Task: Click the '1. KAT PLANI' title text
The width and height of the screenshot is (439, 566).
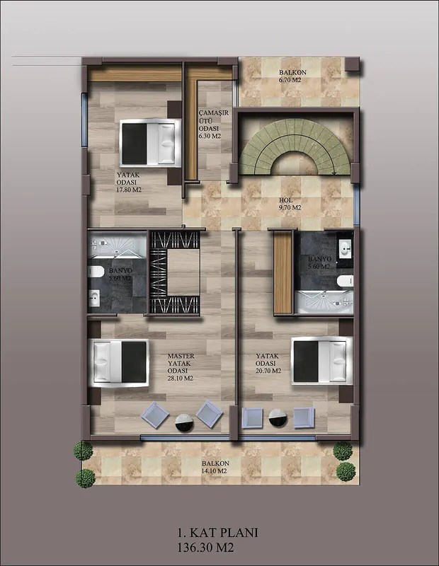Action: (x=217, y=533)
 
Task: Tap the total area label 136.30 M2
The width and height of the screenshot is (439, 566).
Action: (x=205, y=548)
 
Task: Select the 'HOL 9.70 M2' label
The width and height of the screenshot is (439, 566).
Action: (x=290, y=204)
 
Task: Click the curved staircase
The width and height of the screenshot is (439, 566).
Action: (x=295, y=146)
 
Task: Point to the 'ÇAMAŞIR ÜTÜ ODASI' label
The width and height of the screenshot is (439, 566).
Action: (x=214, y=120)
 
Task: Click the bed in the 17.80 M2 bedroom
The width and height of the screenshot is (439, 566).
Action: (x=150, y=143)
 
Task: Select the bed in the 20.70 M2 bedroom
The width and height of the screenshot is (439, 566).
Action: (x=321, y=361)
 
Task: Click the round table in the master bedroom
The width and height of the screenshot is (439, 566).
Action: (x=184, y=422)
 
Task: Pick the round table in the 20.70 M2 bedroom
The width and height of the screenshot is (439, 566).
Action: (x=278, y=418)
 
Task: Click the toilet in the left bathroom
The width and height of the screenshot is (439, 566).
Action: (x=96, y=272)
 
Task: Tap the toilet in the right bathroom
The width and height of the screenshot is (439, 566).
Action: (x=345, y=280)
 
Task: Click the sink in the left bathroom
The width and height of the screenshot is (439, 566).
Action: (x=94, y=298)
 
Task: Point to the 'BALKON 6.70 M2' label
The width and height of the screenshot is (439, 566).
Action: (x=292, y=76)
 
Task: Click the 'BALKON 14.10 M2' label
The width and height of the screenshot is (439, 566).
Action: (x=215, y=467)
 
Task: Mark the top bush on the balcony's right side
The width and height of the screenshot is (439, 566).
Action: (x=343, y=451)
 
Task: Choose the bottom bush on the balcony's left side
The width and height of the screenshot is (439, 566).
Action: (x=86, y=478)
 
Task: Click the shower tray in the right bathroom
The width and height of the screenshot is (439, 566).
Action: (x=324, y=301)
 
